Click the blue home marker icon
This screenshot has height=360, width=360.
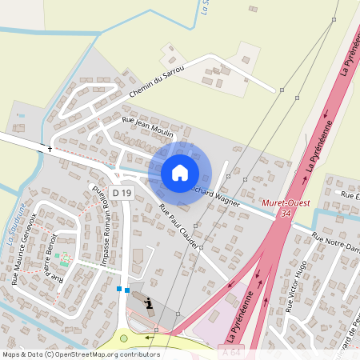coord(180,173)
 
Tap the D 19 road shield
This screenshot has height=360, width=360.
coord(122,193)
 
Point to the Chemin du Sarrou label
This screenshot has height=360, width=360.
coord(157,83)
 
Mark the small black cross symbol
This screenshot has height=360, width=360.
coord(50,149)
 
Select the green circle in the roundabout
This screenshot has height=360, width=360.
coord(123,338)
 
